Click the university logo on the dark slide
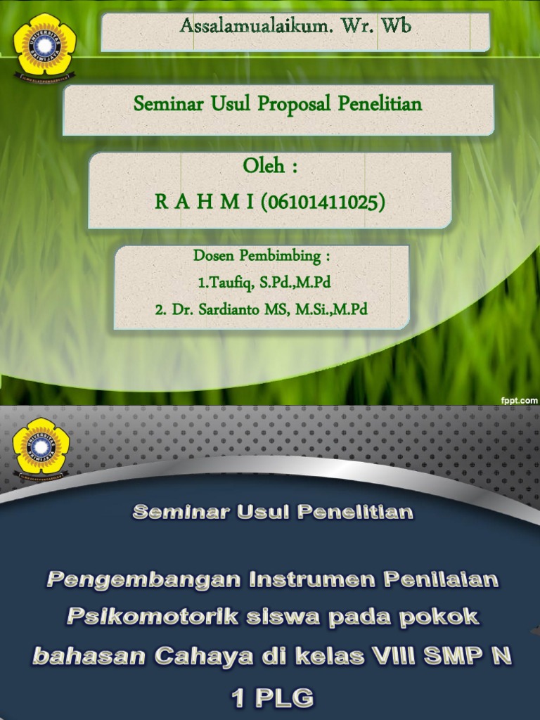(x=41, y=449)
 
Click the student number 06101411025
(x=323, y=202)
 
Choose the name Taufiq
(x=225, y=283)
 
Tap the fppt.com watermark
(x=520, y=400)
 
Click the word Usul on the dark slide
(x=263, y=512)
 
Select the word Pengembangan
(x=143, y=580)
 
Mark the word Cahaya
(x=204, y=656)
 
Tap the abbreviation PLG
(x=285, y=697)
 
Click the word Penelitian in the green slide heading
(x=380, y=104)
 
